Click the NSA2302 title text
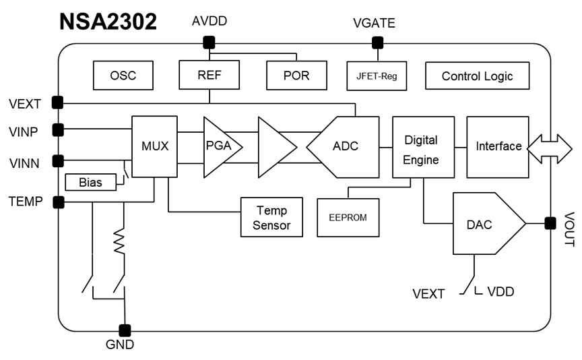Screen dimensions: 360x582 (108, 21)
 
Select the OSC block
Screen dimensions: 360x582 (123, 75)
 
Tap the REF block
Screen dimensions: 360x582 (209, 75)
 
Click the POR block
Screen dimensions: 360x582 (296, 75)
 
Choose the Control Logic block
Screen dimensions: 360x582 (477, 76)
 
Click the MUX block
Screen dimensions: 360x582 (155, 146)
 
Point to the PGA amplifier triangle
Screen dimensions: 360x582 (220, 146)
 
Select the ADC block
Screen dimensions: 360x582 (344, 146)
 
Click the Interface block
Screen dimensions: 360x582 (498, 146)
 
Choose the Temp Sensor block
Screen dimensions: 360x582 (271, 217)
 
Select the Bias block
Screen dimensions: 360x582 (90, 182)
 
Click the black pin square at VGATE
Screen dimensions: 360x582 (377, 43)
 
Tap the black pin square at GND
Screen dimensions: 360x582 (125, 330)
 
